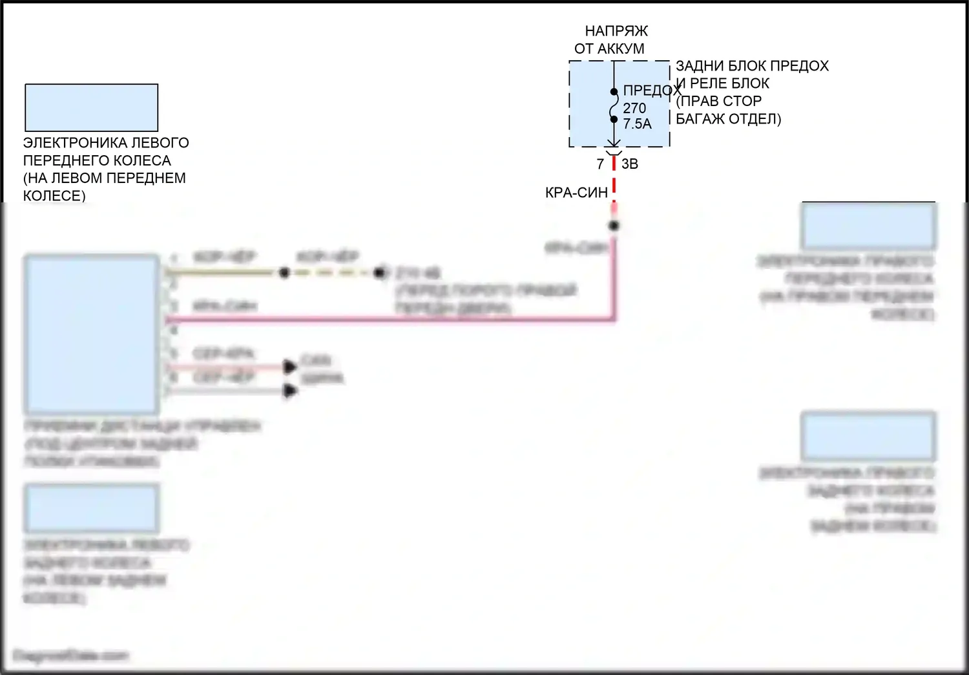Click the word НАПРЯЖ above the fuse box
point(616,30)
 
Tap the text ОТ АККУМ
point(609,48)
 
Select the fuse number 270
point(634,108)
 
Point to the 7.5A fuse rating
point(637,123)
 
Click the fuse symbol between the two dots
point(614,105)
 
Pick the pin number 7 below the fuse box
point(600,164)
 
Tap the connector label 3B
point(630,164)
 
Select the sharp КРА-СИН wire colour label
point(576,192)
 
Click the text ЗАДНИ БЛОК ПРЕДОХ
point(752,66)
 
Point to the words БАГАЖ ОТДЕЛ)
point(728,119)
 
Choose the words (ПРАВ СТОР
point(719,101)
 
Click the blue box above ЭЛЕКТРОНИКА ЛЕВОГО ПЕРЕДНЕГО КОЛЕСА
point(91,107)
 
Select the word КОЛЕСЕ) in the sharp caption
point(54,195)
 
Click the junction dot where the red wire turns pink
point(614,226)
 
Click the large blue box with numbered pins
point(91,334)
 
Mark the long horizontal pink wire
point(388,319)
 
